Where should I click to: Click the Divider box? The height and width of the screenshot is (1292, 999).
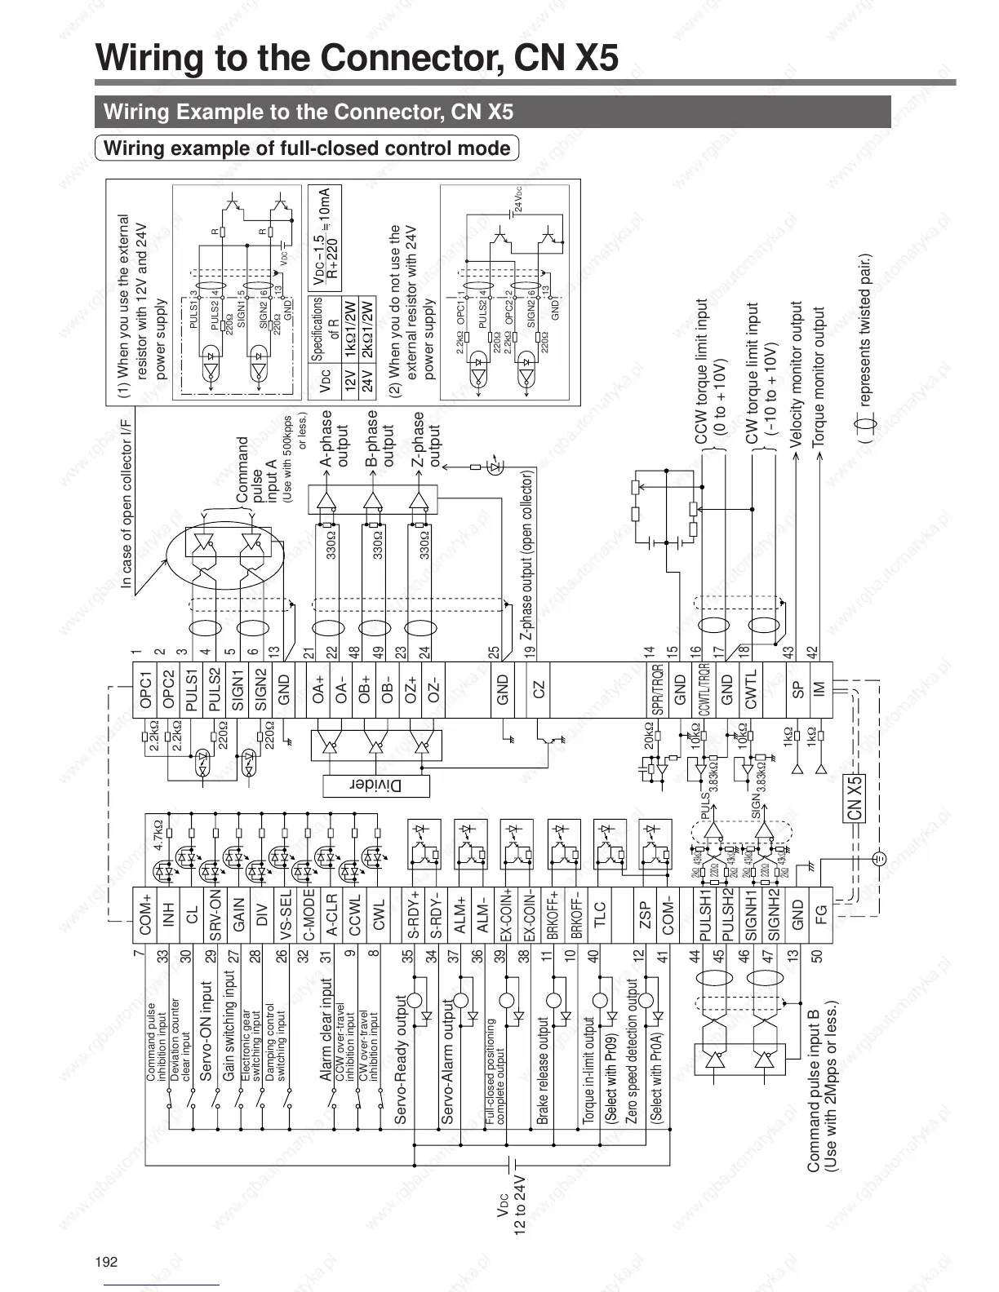coord(376,785)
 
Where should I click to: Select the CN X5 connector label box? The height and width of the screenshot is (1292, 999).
coord(855,798)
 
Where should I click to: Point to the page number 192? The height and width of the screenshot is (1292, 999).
coord(107,1262)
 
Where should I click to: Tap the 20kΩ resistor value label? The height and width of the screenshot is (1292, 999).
coord(650,735)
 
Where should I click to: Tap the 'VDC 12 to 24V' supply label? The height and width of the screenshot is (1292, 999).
coord(512,1205)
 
